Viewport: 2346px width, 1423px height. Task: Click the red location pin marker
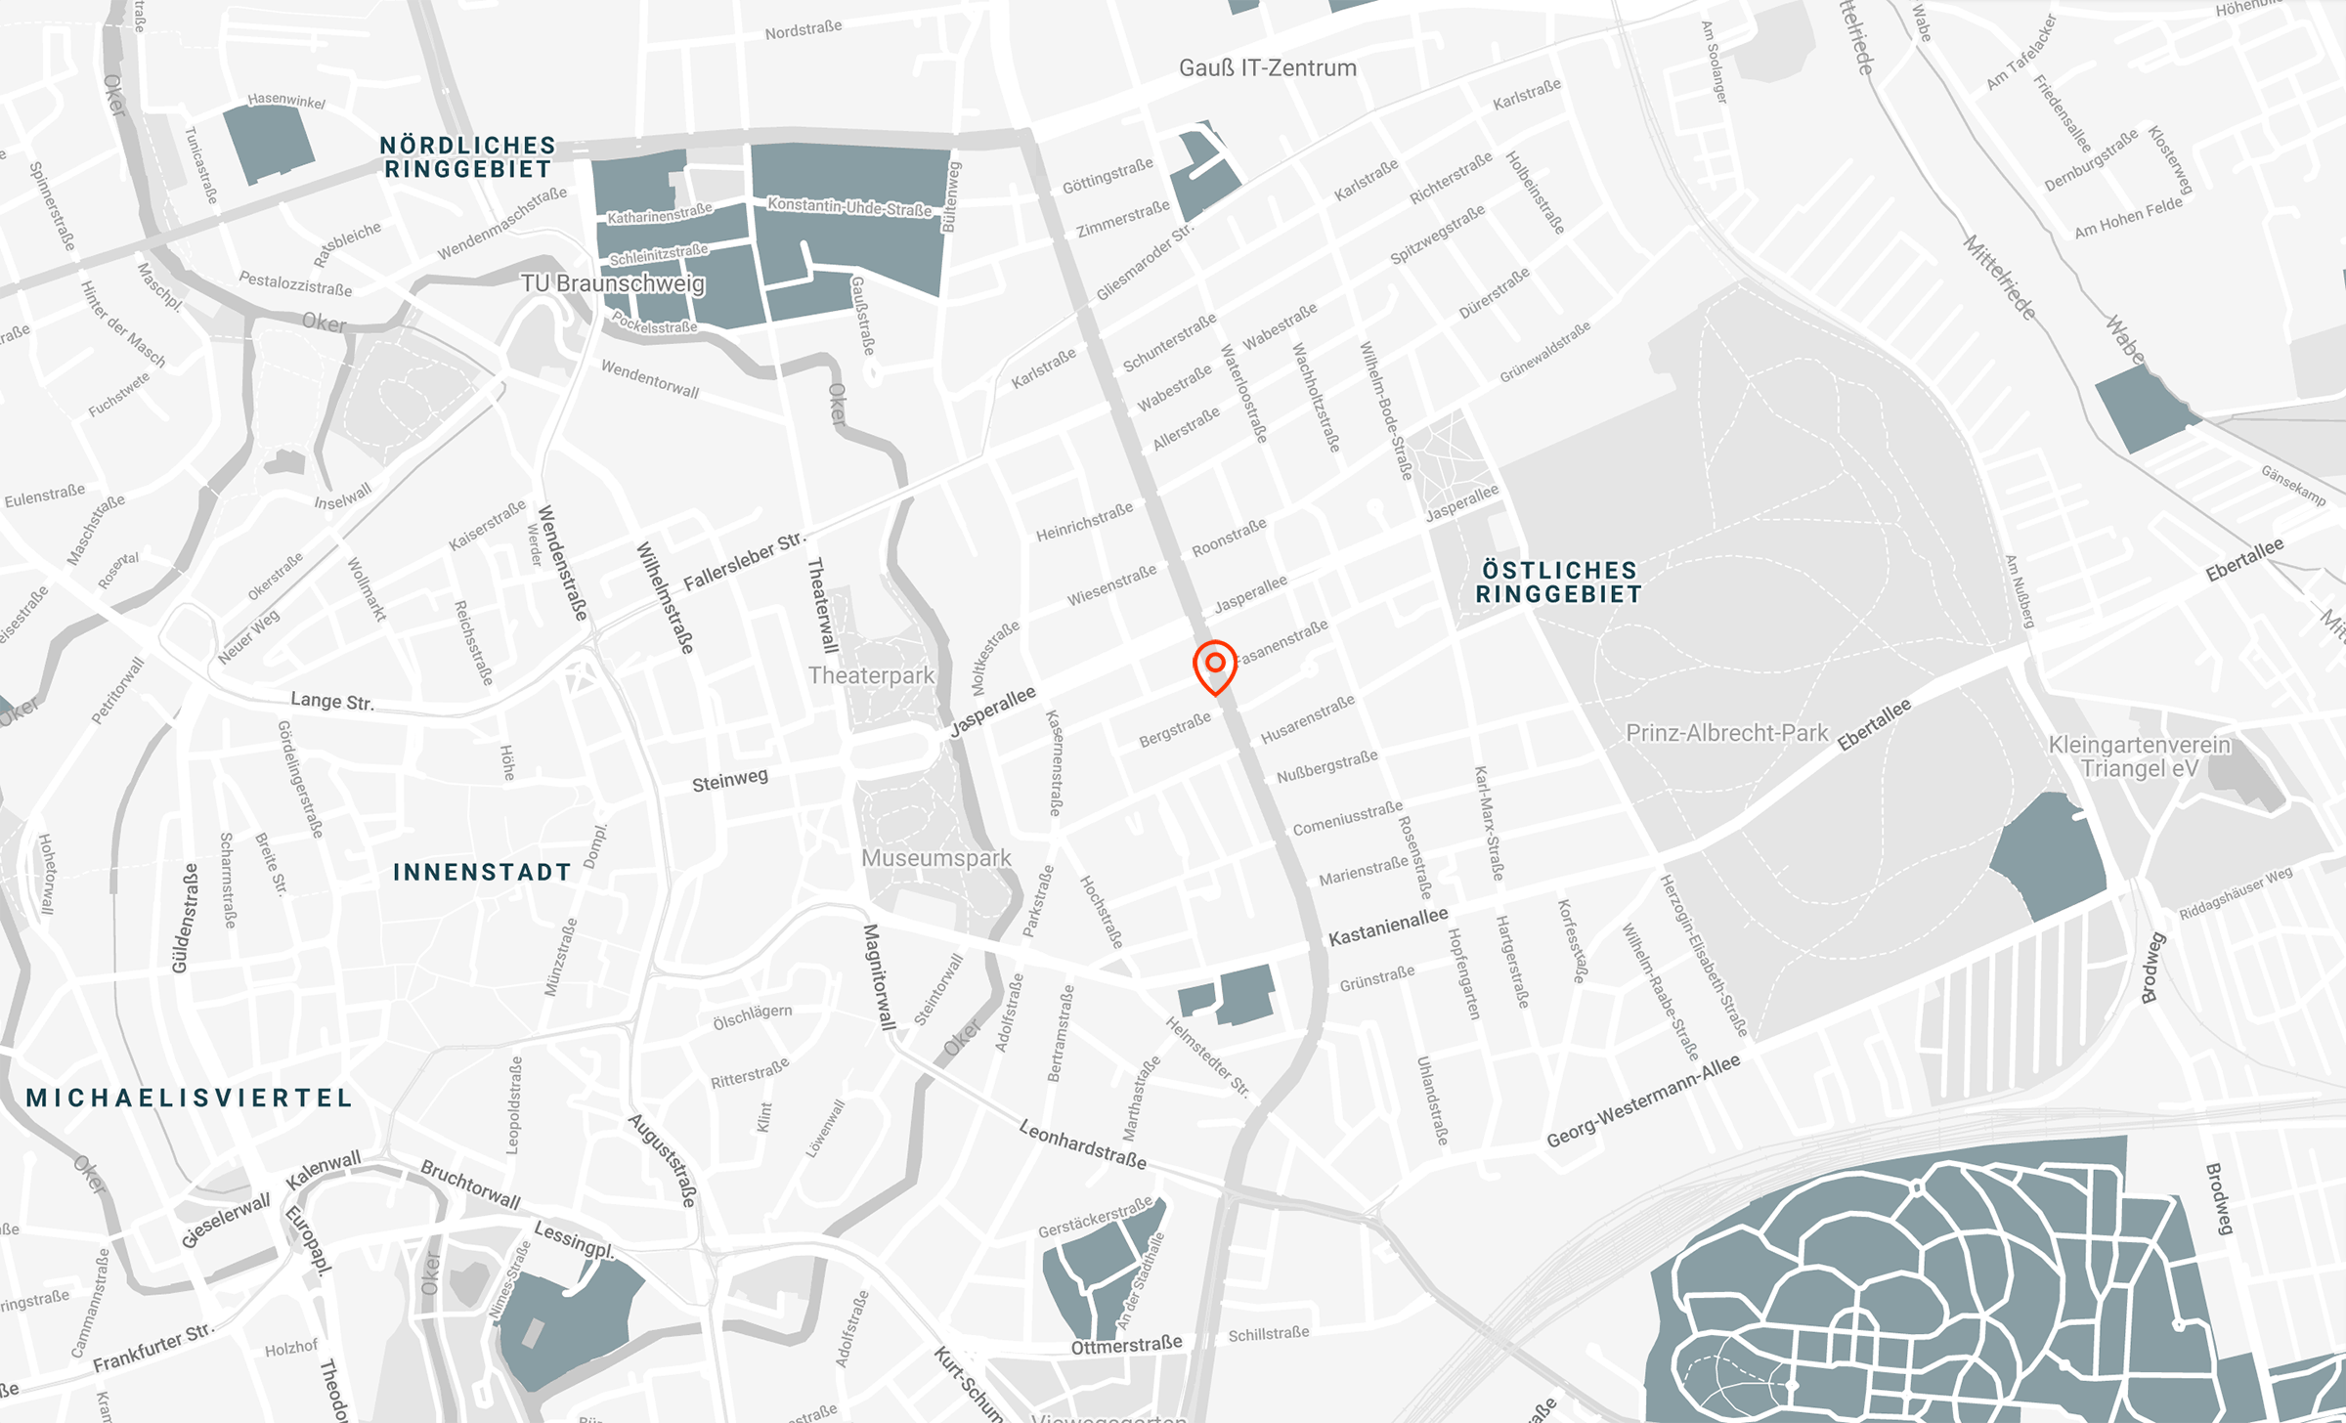click(1215, 665)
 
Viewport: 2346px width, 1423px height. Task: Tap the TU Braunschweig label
click(612, 283)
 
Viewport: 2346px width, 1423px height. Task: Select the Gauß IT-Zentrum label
click(1267, 68)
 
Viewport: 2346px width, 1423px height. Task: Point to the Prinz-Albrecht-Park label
click(1726, 733)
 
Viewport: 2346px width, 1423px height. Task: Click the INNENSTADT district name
click(482, 872)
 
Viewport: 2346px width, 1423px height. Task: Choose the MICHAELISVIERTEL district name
click(190, 1098)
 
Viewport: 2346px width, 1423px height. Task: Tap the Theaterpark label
click(871, 675)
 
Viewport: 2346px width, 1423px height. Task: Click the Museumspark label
click(935, 858)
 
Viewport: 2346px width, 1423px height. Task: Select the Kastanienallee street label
click(1388, 927)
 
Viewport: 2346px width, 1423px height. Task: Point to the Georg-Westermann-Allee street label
click(1643, 1100)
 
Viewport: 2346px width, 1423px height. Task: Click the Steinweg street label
click(730, 781)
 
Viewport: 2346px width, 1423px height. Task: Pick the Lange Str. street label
click(332, 701)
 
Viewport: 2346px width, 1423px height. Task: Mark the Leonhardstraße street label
click(1082, 1144)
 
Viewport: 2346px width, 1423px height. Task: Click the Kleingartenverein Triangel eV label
click(2140, 756)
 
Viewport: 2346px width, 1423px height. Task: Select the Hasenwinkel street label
click(286, 100)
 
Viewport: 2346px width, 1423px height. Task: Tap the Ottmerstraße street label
click(1126, 1346)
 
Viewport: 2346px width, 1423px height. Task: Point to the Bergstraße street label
click(1175, 730)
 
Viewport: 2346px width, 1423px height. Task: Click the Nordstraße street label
click(804, 30)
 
